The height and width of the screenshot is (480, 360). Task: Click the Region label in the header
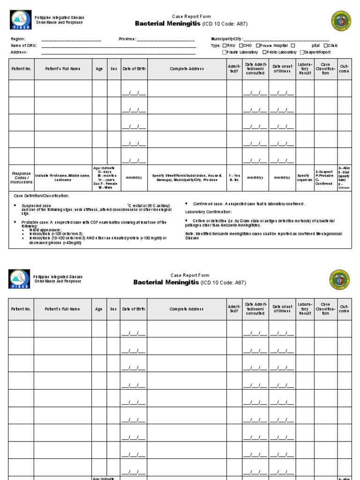coord(17,39)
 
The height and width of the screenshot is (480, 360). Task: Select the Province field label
coord(127,39)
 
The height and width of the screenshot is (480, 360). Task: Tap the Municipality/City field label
coord(227,39)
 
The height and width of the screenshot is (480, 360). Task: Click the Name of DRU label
coord(22,45)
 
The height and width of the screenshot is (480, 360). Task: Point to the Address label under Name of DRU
coord(19,52)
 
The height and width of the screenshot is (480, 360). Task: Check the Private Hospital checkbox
coord(258,45)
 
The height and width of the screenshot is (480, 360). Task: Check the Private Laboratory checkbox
coord(224,52)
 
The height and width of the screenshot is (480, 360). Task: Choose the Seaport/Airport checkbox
coord(302,52)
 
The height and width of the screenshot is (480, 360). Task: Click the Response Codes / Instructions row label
coord(21,178)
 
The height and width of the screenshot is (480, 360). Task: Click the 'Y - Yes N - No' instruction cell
coord(234,178)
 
